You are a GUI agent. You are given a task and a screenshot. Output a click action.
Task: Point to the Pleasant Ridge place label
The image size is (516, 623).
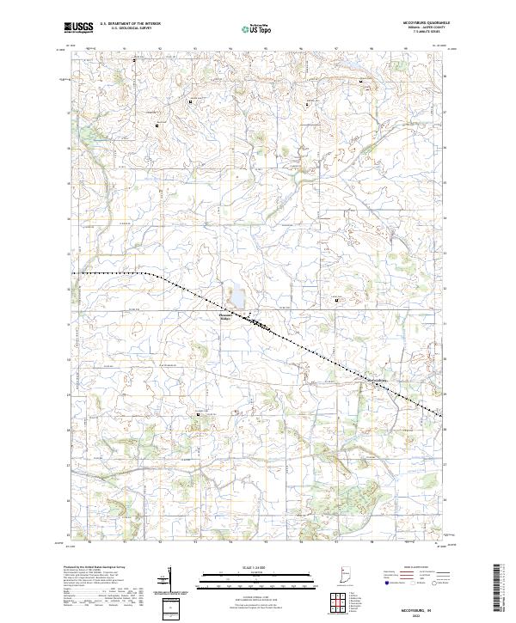pyautogui.click(x=226, y=316)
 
